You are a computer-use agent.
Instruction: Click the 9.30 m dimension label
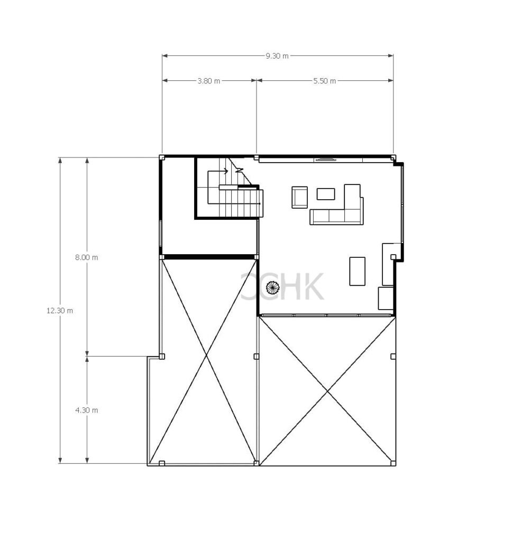(277, 56)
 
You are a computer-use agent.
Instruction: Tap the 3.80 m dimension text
(209, 81)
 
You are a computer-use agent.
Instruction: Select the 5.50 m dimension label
(325, 81)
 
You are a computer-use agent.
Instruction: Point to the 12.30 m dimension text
(60, 311)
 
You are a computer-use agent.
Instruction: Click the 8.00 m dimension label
(87, 257)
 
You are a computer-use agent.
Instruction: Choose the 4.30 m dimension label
(87, 410)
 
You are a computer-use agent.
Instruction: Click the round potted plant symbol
(272, 287)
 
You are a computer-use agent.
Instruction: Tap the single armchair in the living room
(299, 198)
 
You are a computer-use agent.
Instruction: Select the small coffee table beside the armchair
(326, 194)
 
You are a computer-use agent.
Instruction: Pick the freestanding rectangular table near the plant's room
(357, 271)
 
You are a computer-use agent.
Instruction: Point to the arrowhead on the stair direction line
(226, 171)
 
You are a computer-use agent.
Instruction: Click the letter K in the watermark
(313, 286)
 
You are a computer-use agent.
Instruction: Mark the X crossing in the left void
(207, 356)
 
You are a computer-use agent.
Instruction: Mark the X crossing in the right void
(327, 391)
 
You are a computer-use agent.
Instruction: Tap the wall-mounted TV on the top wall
(325, 159)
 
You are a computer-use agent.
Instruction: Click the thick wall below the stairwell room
(209, 257)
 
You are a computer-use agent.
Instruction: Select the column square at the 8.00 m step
(162, 357)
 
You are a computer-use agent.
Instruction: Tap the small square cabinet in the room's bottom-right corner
(386, 298)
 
